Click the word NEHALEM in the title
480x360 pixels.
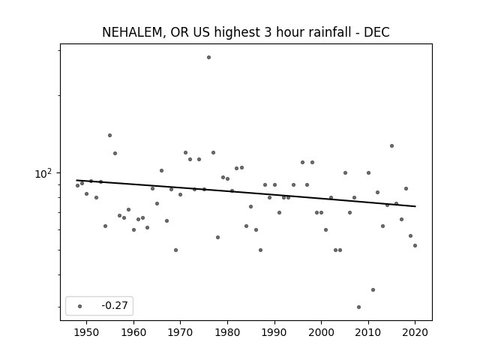coord(132,32)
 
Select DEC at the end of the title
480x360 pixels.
coord(376,32)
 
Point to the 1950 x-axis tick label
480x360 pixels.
coord(87,332)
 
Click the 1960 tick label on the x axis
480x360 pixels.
coord(133,332)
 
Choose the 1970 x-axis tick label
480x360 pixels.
coord(180,332)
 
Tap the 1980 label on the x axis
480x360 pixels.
coord(227,332)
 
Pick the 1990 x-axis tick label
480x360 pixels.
coord(274,332)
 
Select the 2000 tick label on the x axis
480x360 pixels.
coord(321,332)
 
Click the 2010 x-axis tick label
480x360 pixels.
coord(368,332)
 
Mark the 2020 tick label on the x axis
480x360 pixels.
coord(415,332)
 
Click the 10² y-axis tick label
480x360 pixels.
coord(43,173)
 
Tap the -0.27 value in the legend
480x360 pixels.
coord(115,305)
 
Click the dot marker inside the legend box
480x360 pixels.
coord(80,306)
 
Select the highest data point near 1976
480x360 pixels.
coord(208,57)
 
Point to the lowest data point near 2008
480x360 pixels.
coord(358,307)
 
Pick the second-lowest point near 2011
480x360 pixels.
coord(373,290)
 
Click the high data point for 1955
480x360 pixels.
coord(110,135)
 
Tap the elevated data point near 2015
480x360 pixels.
coord(391,146)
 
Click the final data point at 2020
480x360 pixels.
coord(415,245)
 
